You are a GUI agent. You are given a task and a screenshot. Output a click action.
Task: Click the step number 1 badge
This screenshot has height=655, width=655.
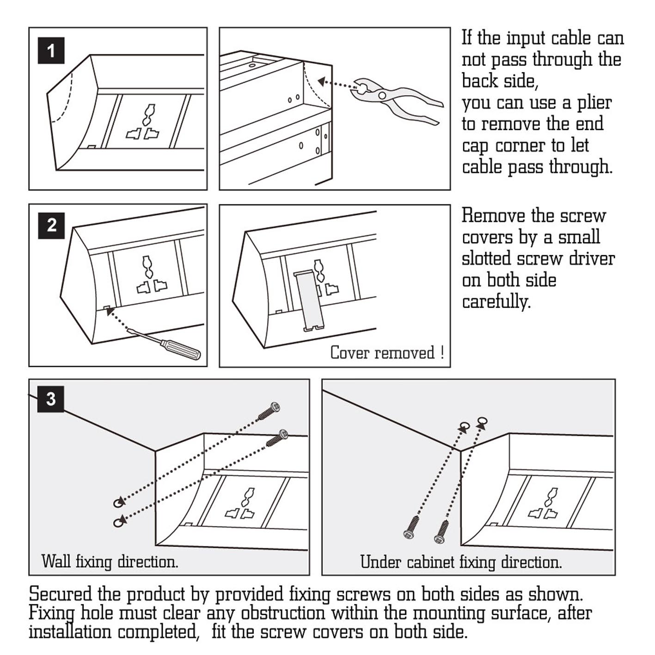(x=51, y=50)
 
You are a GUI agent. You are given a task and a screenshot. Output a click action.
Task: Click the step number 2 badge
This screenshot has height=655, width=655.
(x=51, y=226)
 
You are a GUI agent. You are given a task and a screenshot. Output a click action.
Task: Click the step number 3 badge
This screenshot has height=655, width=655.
(x=51, y=399)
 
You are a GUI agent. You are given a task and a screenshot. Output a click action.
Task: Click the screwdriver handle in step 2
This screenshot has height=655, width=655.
(x=183, y=350)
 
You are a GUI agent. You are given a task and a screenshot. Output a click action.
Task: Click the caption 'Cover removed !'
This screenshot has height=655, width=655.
(x=387, y=353)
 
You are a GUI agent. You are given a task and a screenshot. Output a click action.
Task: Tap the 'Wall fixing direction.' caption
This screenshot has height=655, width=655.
(x=110, y=562)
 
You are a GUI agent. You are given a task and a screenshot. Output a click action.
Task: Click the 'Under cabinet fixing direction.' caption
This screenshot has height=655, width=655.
(x=461, y=562)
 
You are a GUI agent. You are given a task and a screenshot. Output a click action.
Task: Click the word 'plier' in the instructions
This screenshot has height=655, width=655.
(x=594, y=103)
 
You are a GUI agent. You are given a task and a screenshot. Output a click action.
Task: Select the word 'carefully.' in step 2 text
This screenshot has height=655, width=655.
(x=496, y=302)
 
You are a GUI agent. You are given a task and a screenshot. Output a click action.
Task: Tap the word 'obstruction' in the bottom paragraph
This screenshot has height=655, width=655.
(x=283, y=613)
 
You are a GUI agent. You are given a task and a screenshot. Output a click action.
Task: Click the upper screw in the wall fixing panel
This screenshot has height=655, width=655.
(x=269, y=410)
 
